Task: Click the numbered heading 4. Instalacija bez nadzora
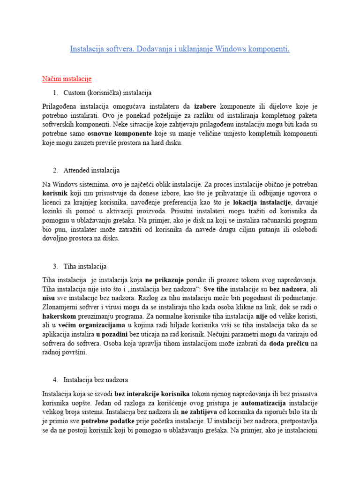[x=96, y=379]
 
